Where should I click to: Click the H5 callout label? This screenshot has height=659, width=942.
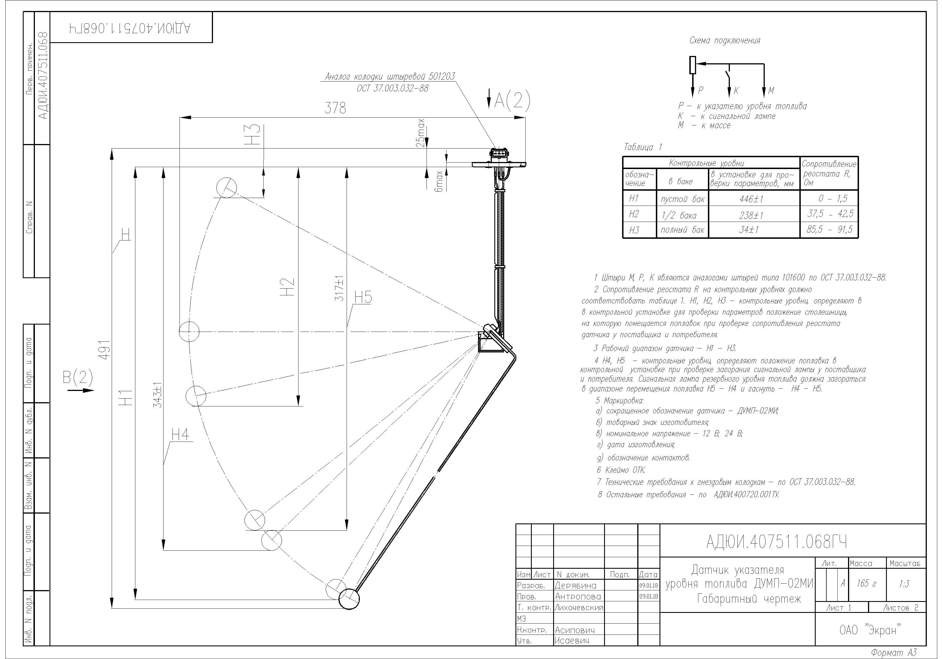(363, 297)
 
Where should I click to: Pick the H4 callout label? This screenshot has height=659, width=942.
(181, 434)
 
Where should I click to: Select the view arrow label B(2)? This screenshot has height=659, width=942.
(78, 377)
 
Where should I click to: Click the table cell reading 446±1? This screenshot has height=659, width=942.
(751, 199)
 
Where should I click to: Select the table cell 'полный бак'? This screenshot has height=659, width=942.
(682, 230)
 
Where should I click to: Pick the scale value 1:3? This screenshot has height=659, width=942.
(904, 584)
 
